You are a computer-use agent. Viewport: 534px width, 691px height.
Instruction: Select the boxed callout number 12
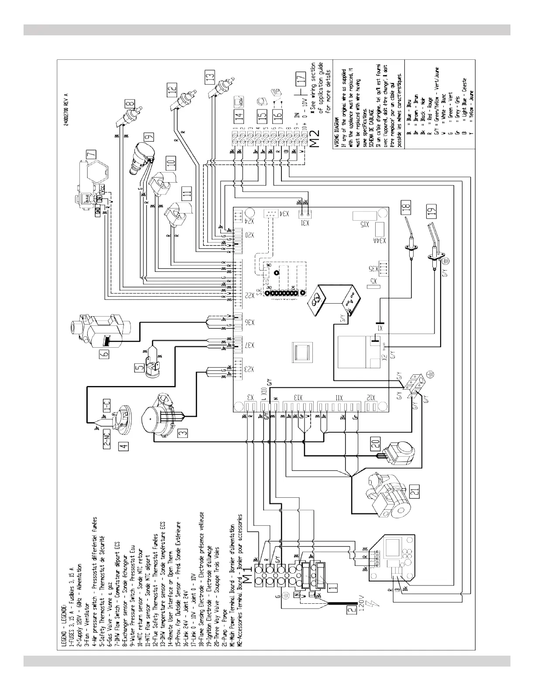click(173, 90)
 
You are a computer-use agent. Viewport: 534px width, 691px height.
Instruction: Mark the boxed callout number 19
click(432, 212)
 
